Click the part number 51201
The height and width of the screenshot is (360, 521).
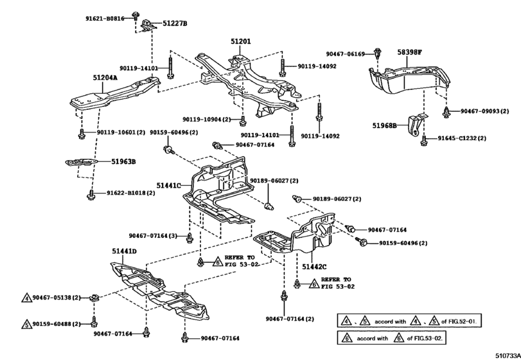(241, 41)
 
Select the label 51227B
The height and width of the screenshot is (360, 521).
(175, 24)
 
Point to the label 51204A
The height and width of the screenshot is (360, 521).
(105, 78)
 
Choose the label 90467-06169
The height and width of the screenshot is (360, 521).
(345, 54)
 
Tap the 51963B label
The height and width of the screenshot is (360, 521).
(121, 161)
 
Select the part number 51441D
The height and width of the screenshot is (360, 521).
(124, 251)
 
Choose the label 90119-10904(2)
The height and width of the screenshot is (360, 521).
(209, 120)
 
